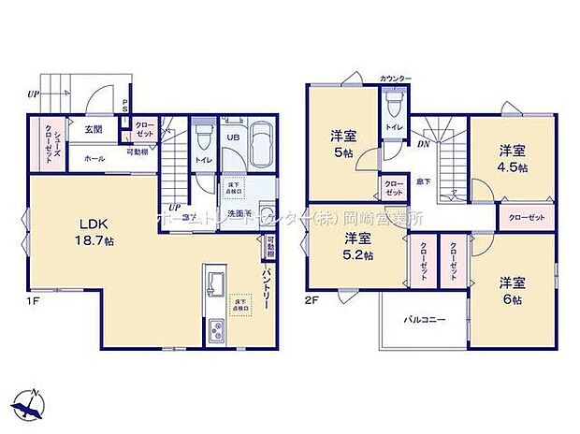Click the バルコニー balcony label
424,319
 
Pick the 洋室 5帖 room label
341,145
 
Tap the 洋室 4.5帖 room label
512,158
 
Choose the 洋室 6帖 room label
512,289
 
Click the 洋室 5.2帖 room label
358,245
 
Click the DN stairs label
423,143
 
